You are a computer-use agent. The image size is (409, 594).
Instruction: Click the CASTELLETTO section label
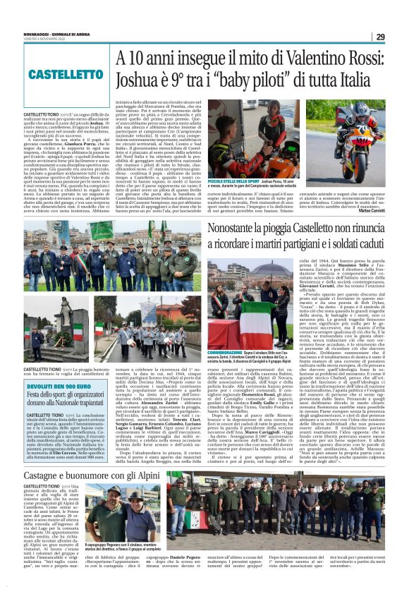click(x=58, y=75)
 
